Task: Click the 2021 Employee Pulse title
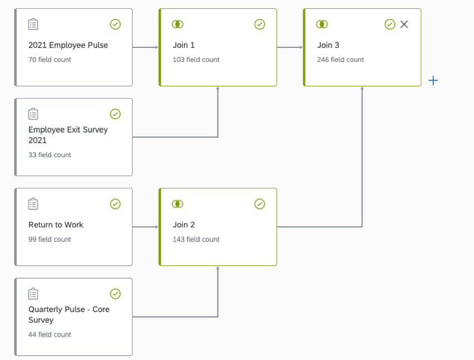pos(68,45)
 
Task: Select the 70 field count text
pos(50,60)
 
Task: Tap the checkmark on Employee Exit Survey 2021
pos(115,114)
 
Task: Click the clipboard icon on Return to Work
pos(33,204)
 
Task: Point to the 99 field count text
pos(50,240)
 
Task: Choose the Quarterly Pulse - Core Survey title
pos(69,314)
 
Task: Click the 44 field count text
pos(50,335)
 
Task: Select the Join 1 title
pos(184,45)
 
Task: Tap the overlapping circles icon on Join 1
pos(177,25)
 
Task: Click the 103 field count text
pos(196,60)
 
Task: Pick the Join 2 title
pos(184,225)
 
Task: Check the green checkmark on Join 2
pos(260,204)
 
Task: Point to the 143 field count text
pos(196,240)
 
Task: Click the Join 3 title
pos(328,45)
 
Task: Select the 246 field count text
pos(341,60)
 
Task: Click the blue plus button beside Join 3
pos(433,81)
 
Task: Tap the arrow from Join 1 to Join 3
pos(290,47)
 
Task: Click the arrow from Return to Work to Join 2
pos(146,227)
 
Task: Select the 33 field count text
pos(50,155)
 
